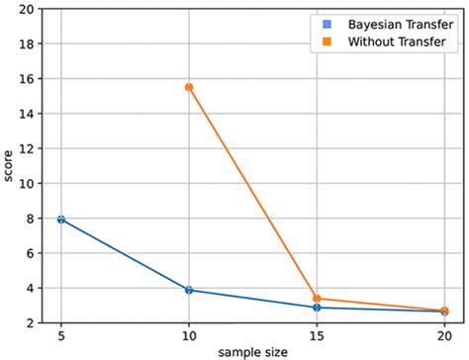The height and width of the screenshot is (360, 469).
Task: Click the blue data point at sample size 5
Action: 61,219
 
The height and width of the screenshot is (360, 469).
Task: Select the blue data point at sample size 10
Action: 189,290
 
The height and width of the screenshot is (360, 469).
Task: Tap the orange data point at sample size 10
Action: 189,87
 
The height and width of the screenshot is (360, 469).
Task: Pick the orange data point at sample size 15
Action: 317,298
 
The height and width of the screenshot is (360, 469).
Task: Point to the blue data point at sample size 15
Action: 317,308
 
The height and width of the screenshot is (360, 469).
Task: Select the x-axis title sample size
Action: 252,351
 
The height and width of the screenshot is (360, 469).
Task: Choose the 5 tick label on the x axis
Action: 61,335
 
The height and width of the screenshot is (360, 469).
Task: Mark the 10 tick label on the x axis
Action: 189,335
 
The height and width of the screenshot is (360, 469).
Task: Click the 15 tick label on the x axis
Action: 317,335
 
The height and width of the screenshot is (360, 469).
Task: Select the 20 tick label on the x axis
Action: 443,335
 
